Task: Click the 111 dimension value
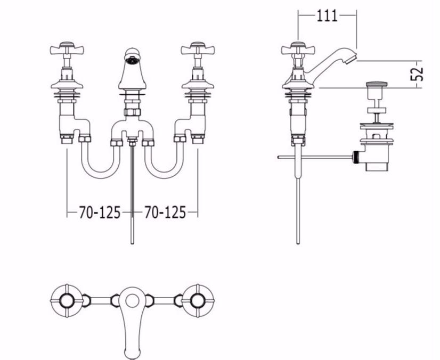327,16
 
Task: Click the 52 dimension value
417,74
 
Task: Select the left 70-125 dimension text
100,212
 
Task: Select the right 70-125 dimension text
165,212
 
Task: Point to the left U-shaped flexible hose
101,175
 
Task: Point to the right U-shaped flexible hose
165,175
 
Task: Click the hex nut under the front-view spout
132,112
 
